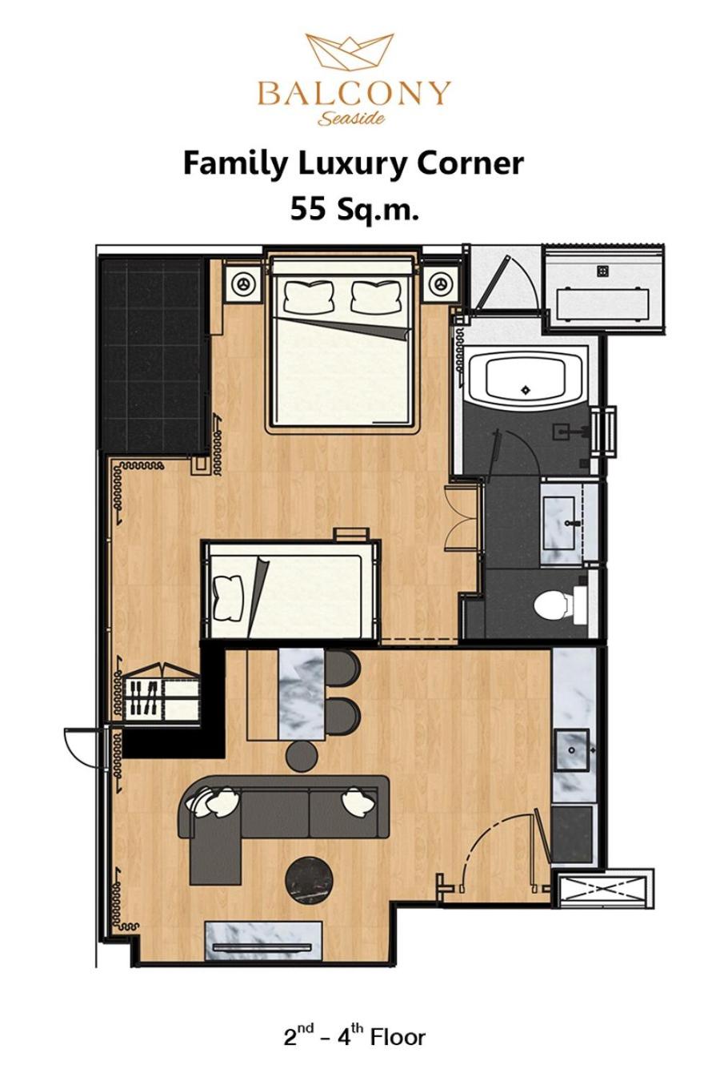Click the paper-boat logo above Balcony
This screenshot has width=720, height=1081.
pos(350,53)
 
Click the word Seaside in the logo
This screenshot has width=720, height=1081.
pos(351,117)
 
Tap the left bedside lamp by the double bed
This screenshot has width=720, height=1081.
pos(243,283)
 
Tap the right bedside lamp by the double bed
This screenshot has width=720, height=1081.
pos(439,283)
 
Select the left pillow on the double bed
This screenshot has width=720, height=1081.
pos(310,296)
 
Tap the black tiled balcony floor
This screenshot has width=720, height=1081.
pos(153,356)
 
